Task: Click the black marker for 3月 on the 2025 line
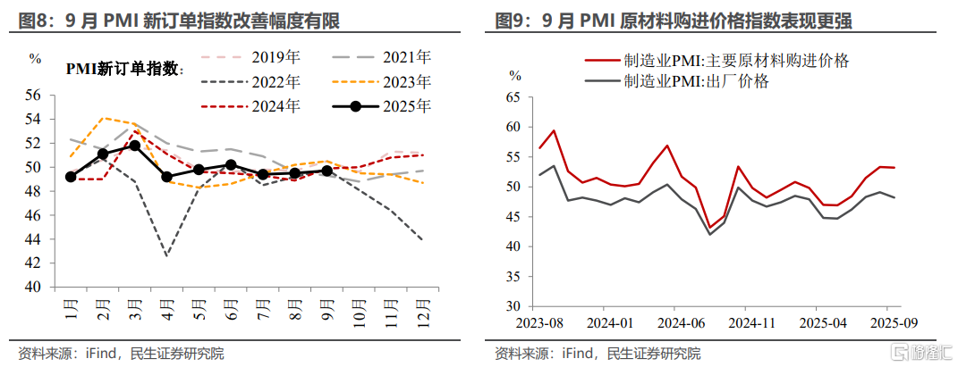click(x=134, y=146)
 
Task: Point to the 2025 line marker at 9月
click(x=326, y=171)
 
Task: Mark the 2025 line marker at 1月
click(x=71, y=177)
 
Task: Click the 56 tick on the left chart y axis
click(x=33, y=95)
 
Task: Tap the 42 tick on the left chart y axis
click(x=33, y=263)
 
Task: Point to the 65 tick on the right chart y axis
click(x=513, y=97)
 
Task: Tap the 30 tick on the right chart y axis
click(x=513, y=306)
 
